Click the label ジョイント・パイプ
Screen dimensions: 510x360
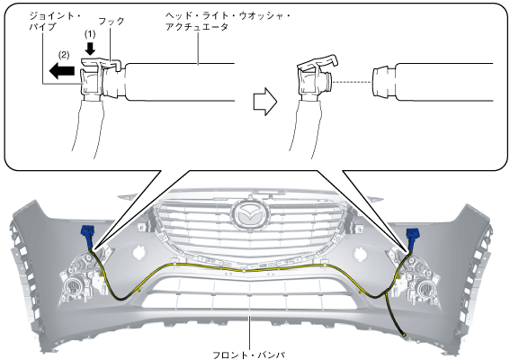pyautogui.click(x=55, y=22)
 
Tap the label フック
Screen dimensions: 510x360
pyautogui.click(x=112, y=22)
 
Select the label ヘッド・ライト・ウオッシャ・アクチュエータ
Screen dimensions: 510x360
pyautogui.click(x=228, y=22)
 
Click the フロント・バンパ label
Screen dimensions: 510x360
pyautogui.click(x=249, y=355)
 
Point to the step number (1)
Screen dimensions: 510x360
pyautogui.click(x=90, y=34)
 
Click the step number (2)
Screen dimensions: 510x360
pyautogui.click(x=64, y=55)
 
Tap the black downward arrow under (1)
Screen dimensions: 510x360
pyautogui.click(x=90, y=49)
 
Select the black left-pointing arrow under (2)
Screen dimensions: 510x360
pyautogui.click(x=62, y=70)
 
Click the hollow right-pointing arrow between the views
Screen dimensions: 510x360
pyautogui.click(x=265, y=101)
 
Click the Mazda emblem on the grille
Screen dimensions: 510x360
pyautogui.click(x=250, y=215)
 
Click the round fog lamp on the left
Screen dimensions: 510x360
pyautogui.click(x=73, y=287)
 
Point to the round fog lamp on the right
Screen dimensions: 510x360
pyautogui.click(x=425, y=288)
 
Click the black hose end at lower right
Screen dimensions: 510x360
pyautogui.click(x=404, y=334)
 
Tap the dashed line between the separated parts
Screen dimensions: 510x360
pyautogui.click(x=352, y=82)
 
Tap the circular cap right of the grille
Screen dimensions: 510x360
pyautogui.click(x=360, y=253)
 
